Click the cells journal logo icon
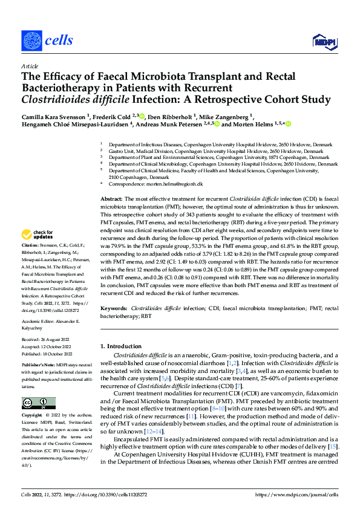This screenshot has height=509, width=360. coord(31,41)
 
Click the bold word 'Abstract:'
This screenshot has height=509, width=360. coord(111,198)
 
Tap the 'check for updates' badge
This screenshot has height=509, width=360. coord(38,235)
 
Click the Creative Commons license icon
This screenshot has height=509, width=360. coord(39,403)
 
